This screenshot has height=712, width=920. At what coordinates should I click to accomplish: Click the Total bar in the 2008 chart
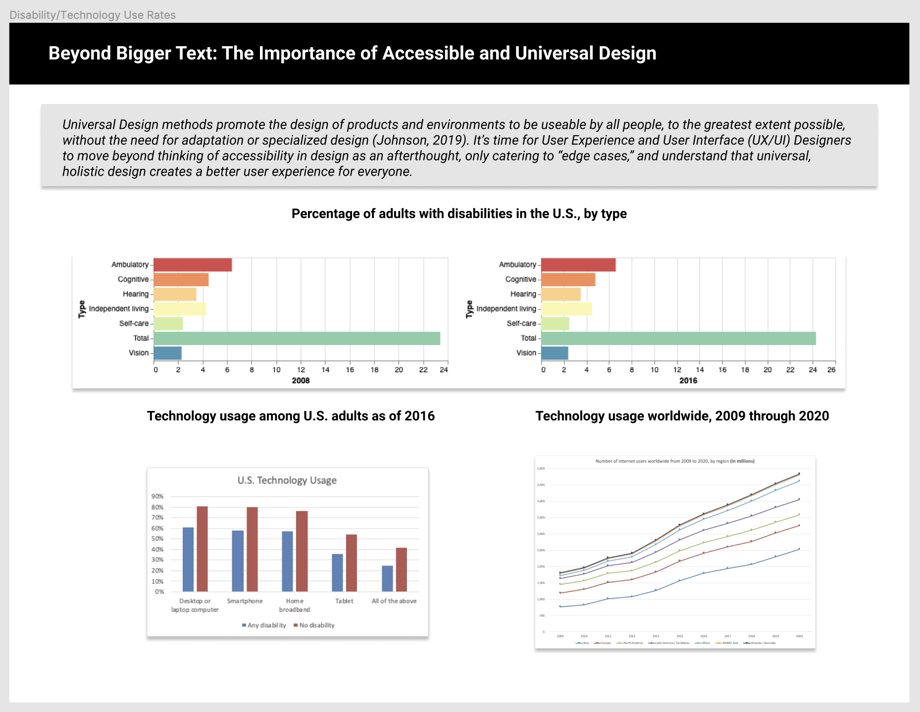point(297,338)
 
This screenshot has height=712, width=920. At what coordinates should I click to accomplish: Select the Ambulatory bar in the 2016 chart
point(578,265)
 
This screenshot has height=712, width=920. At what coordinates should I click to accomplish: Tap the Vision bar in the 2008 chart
point(167,353)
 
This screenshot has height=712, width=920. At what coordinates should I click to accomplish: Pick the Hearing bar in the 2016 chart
point(561,294)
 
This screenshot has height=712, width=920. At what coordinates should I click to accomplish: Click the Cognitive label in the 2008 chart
point(133,279)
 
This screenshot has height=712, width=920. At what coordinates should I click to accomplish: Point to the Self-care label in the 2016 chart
point(521,323)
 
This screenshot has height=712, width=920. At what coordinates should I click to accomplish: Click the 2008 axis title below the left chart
point(301,380)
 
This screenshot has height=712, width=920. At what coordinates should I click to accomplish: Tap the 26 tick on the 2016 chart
point(831,370)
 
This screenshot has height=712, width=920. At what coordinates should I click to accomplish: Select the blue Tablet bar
point(337,572)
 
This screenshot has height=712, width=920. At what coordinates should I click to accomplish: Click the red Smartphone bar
point(252,549)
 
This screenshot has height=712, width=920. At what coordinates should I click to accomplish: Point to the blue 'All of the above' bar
point(387,578)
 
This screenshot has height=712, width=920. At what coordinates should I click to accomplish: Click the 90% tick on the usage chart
point(157,496)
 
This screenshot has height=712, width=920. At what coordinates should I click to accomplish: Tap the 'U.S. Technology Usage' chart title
point(287,480)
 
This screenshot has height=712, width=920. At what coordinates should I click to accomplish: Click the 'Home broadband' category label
point(295,605)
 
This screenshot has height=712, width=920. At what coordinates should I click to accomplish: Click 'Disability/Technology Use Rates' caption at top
point(93,15)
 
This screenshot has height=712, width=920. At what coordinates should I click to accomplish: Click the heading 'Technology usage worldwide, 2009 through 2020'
point(682,416)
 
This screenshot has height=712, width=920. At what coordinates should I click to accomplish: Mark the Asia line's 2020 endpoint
point(799,549)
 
